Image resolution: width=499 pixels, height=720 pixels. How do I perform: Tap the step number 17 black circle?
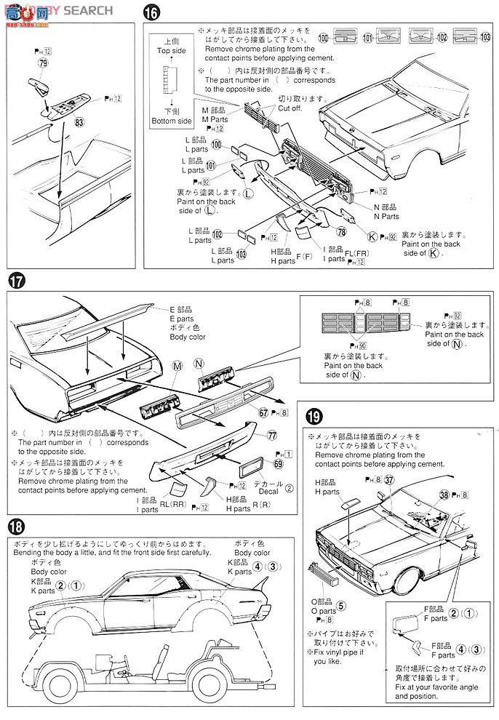tap(15, 281)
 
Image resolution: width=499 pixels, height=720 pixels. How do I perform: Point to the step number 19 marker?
tap(313, 417)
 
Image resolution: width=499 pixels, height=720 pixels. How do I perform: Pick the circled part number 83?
tap(79, 124)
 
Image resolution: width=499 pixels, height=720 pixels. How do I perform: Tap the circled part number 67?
tap(263, 412)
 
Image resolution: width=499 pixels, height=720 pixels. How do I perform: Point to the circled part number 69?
tap(278, 463)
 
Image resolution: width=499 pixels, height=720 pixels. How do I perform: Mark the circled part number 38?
tap(444, 495)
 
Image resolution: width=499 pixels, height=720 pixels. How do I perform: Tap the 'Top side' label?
tap(172, 52)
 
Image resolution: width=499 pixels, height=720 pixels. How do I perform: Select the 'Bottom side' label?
tap(172, 121)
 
